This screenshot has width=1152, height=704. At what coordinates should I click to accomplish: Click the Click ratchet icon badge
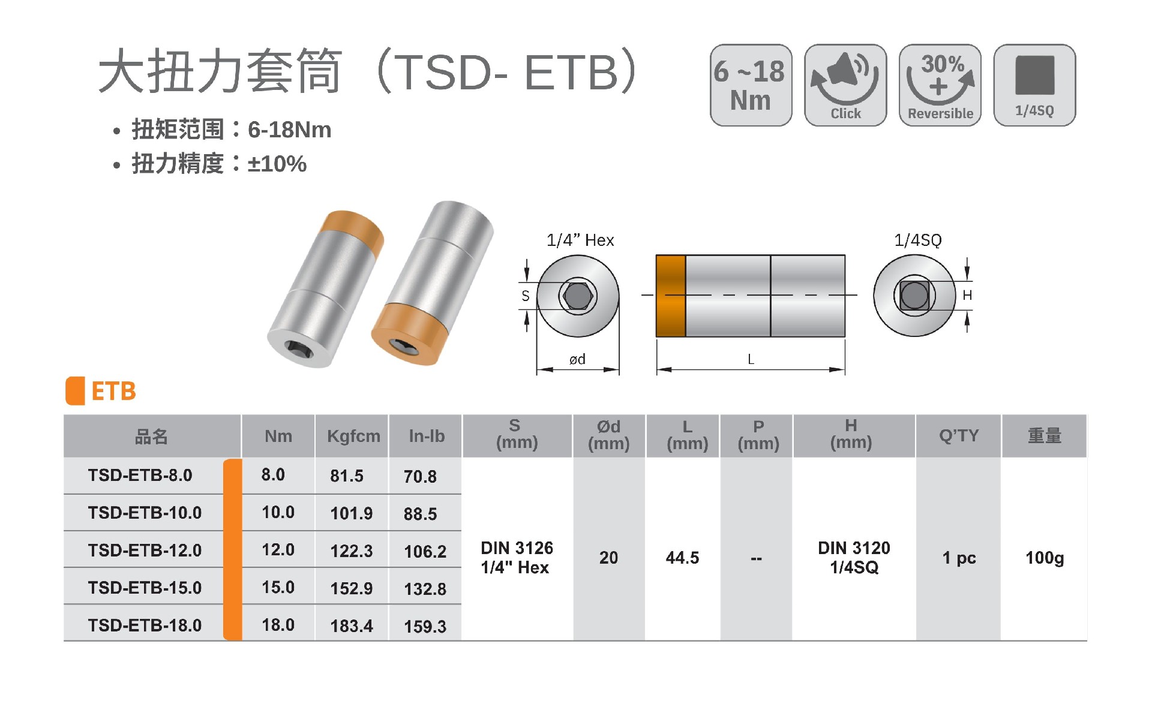click(x=845, y=85)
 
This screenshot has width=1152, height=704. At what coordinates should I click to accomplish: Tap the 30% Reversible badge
click(x=940, y=85)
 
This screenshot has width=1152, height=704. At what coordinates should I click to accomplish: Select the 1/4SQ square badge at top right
click(x=1035, y=85)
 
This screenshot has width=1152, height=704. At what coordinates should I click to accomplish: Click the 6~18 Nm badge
click(x=751, y=85)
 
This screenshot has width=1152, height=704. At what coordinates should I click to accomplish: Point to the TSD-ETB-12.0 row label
click(x=145, y=550)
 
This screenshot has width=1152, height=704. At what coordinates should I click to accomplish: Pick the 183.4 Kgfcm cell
click(x=352, y=626)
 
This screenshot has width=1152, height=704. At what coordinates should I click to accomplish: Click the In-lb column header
click(x=427, y=436)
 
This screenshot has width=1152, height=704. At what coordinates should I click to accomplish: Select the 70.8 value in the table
click(x=420, y=477)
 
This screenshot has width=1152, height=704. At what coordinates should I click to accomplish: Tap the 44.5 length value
click(x=682, y=558)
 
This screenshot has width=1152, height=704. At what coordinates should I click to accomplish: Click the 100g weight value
click(x=1045, y=558)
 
